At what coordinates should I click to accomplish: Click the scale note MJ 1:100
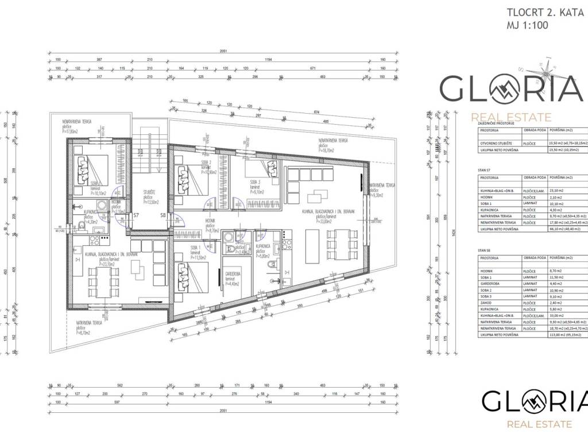pyautogui.click(x=527, y=26)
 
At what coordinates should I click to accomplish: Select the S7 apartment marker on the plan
pyautogui.click(x=136, y=215)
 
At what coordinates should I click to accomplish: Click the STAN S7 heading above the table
pyautogui.click(x=483, y=170)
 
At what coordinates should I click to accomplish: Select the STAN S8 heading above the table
pyautogui.click(x=483, y=250)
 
